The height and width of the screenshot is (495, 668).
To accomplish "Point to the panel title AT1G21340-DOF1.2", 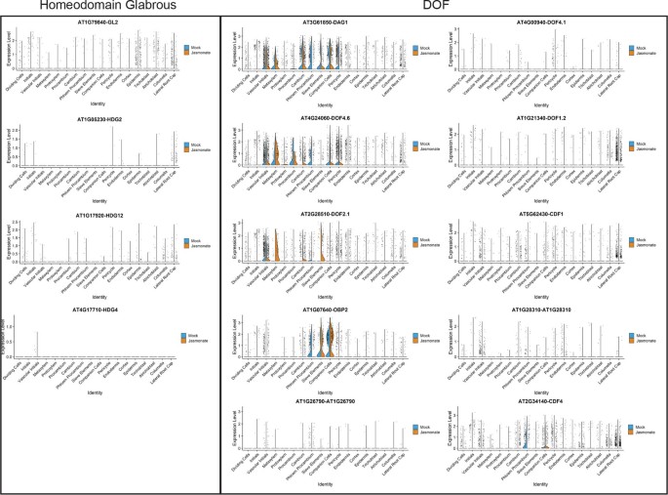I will tap(547, 118).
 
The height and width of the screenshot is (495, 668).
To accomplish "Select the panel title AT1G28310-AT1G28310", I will tap(547, 311).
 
